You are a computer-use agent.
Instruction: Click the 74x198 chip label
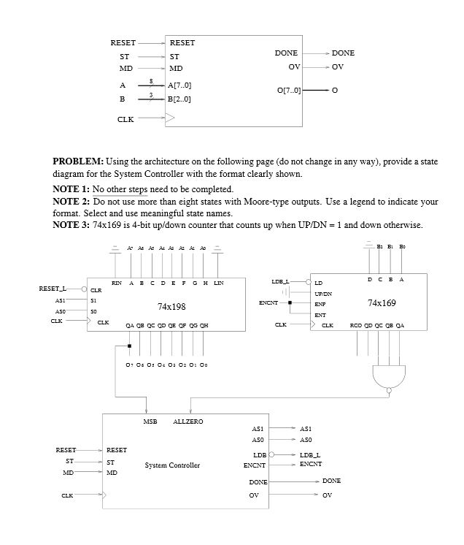click(171, 307)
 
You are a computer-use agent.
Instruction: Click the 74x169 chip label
click(382, 302)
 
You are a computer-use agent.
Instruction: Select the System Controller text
click(172, 465)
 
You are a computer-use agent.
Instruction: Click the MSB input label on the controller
click(150, 422)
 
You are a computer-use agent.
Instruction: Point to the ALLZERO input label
click(188, 422)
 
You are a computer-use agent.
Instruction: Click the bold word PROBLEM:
click(78, 161)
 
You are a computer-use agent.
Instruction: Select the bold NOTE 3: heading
click(71, 224)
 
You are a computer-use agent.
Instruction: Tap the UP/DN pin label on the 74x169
click(325, 291)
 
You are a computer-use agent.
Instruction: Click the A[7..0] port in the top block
click(179, 85)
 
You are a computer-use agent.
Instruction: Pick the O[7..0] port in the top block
click(289, 91)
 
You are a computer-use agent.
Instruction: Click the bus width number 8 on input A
click(150, 80)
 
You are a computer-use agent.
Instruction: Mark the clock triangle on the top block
click(170, 117)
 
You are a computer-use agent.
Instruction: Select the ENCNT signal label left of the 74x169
click(268, 302)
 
